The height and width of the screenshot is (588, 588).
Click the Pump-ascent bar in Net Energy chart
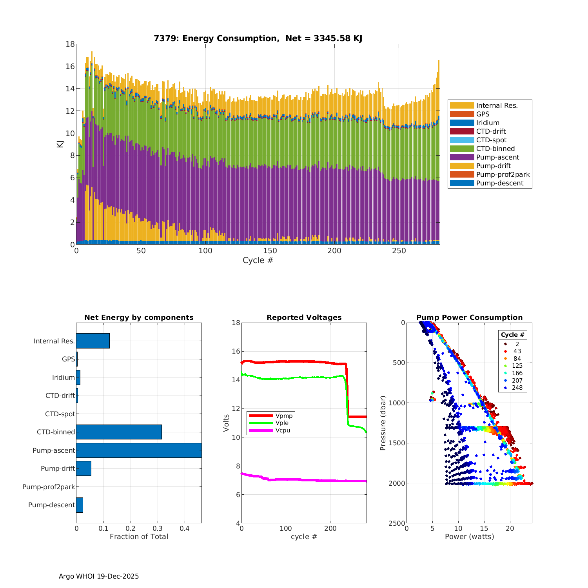click(139, 450)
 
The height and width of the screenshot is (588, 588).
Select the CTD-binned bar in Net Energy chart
click(119, 432)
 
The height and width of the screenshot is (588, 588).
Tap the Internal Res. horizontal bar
click(93, 341)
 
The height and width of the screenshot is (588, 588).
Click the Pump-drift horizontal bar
click(83, 468)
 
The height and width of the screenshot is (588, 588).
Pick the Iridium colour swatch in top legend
click(462, 123)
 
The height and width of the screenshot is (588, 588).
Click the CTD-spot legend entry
click(491, 140)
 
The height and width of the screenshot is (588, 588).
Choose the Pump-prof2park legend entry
click(503, 174)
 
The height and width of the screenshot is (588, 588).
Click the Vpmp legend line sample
click(260, 416)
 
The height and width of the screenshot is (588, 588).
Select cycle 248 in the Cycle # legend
click(517, 388)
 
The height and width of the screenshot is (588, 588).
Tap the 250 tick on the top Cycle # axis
click(399, 251)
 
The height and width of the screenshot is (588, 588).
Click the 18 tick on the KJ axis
click(70, 44)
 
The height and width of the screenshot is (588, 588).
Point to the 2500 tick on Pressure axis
click(397, 523)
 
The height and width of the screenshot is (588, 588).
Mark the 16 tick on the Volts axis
click(235, 351)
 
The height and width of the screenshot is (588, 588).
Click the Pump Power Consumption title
click(469, 318)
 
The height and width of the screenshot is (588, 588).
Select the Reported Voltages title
click(304, 318)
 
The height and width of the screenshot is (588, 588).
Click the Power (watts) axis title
click(469, 537)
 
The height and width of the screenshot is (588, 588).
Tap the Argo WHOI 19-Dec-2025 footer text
click(99, 576)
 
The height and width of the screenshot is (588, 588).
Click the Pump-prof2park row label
click(49, 487)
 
